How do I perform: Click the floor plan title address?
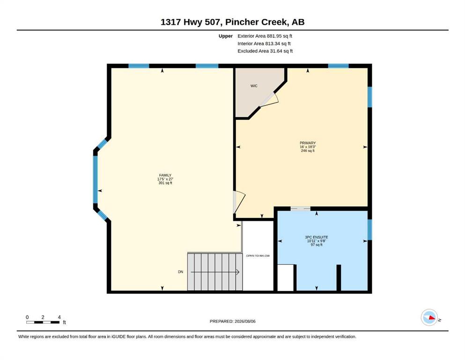pos(232,22)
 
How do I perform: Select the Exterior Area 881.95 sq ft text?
pos(265,36)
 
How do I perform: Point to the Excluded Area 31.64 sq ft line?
pos(265,51)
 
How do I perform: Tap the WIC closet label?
pos(254,86)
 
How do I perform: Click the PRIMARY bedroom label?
pos(308,143)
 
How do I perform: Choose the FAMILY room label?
pos(165,175)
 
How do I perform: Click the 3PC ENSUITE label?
pos(317,237)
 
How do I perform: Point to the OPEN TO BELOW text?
pos(258,256)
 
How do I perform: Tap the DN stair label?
pos(181,272)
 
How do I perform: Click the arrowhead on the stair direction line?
pos(238,272)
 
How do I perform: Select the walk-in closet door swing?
pos(270,99)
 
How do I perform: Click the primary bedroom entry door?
pos(239,202)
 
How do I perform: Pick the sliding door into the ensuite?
pos(300,209)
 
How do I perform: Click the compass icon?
pos(429,317)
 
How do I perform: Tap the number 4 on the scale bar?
pos(59,317)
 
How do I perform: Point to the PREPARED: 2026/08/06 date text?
pos(232,321)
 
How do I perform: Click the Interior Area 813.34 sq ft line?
pos(264,44)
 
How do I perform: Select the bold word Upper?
pos(226,36)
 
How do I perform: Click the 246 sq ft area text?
pos(308,150)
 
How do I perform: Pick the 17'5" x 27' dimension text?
pos(165,179)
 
